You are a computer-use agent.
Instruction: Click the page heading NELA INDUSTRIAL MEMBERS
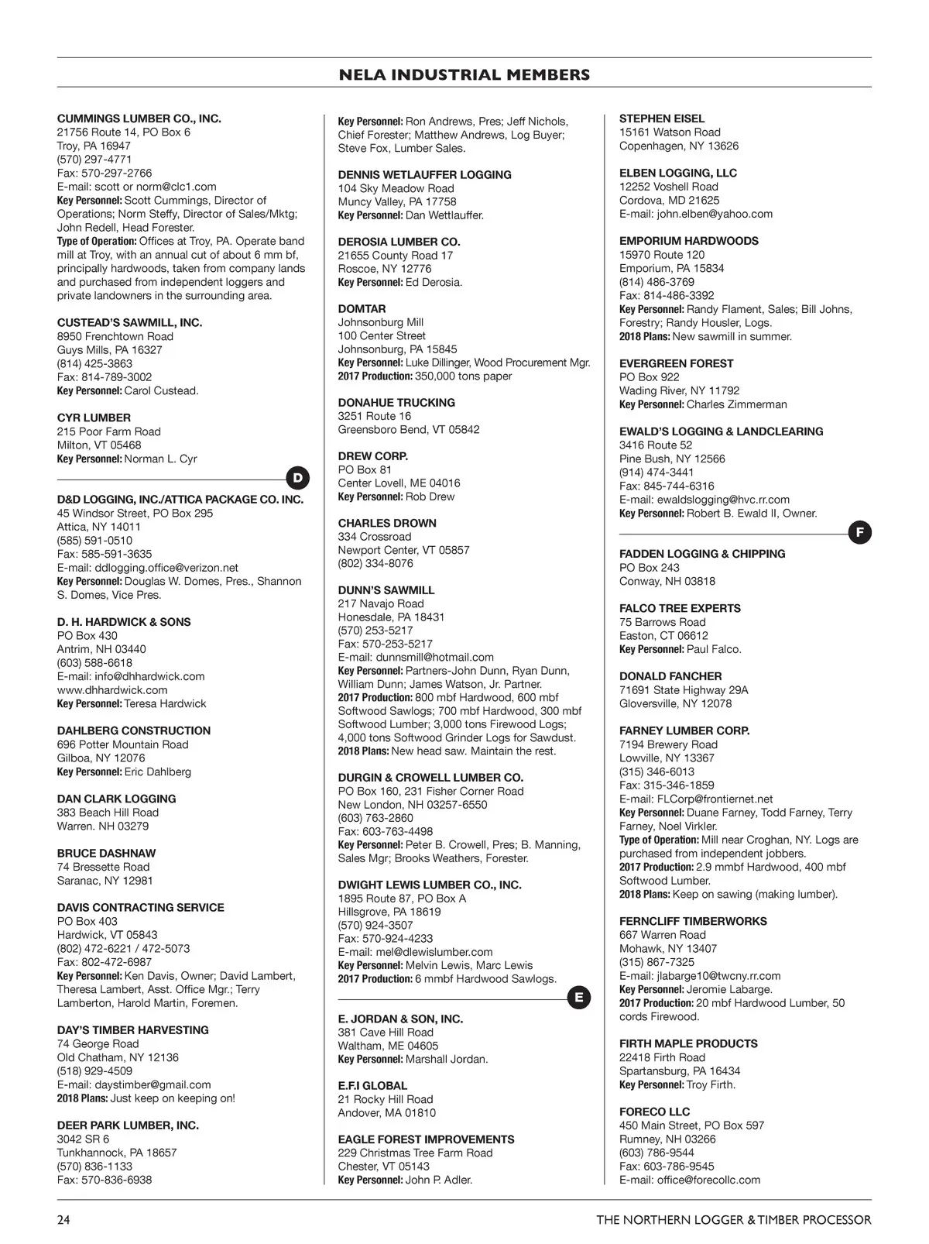click(x=464, y=75)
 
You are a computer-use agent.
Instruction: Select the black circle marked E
click(x=579, y=998)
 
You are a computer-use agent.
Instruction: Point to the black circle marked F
click(x=859, y=532)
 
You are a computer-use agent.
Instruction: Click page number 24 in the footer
click(x=63, y=1220)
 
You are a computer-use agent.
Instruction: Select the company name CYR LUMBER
click(x=94, y=418)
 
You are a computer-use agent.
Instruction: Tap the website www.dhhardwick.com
click(x=112, y=689)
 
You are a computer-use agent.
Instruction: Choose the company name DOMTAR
click(x=362, y=308)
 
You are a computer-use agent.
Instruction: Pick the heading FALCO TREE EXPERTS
click(x=680, y=608)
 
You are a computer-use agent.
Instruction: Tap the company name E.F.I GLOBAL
click(x=372, y=1085)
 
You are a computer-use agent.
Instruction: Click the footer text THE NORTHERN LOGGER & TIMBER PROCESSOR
click(x=733, y=1220)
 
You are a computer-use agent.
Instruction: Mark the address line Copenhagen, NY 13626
click(x=679, y=146)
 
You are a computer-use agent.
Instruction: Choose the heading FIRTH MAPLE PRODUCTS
click(x=688, y=1043)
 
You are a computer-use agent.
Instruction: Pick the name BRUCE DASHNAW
click(x=106, y=853)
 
